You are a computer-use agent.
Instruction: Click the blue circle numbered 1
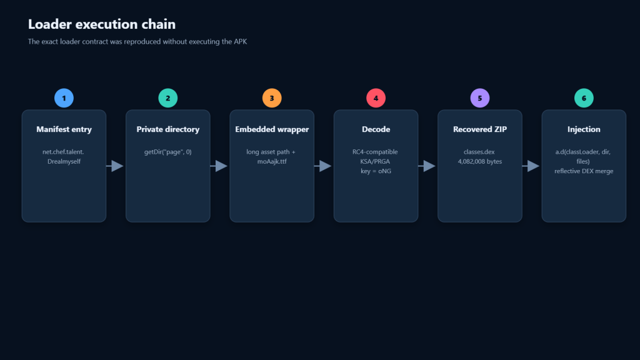(64, 98)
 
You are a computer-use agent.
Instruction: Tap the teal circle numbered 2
(167, 98)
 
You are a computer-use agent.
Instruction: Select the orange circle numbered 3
(272, 98)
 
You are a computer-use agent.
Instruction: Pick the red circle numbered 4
(376, 98)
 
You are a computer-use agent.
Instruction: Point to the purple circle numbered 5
(480, 98)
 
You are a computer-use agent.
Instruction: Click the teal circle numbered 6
(584, 98)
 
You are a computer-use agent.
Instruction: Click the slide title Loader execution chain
(102, 24)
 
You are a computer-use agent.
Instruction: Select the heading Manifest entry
(64, 129)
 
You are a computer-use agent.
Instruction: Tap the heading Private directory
(167, 129)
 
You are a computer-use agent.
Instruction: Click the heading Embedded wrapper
(272, 129)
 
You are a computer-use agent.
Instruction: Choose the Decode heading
(376, 129)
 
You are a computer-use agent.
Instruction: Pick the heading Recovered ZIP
(480, 129)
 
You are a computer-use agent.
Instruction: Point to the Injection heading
(584, 129)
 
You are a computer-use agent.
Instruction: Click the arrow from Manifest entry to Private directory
(115, 166)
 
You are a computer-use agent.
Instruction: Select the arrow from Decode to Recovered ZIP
(427, 166)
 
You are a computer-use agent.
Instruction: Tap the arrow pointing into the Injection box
(531, 166)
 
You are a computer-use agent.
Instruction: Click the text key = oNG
(376, 171)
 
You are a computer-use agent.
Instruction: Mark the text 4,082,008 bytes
(480, 161)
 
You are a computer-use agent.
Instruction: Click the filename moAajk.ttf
(272, 161)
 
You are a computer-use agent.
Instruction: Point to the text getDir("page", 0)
(167, 152)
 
